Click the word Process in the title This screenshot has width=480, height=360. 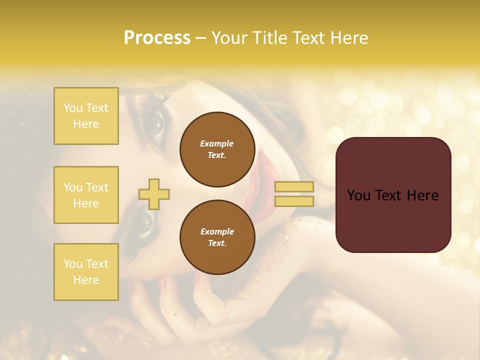point(157,38)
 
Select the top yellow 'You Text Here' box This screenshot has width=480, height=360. point(86,116)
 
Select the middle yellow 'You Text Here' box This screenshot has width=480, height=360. point(86,195)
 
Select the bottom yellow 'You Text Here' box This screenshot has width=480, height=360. point(86,271)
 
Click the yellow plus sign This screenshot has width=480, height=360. point(154,194)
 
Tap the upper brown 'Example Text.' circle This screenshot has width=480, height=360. point(217,149)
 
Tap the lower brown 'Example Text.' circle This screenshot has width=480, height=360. point(217,237)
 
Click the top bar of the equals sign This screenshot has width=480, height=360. point(294,186)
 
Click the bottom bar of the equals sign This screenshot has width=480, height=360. point(294,201)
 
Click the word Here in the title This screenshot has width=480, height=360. point(350,38)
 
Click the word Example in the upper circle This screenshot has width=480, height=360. point(217,143)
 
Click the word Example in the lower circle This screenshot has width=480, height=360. point(217,231)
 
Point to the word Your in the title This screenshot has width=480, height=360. point(229,38)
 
